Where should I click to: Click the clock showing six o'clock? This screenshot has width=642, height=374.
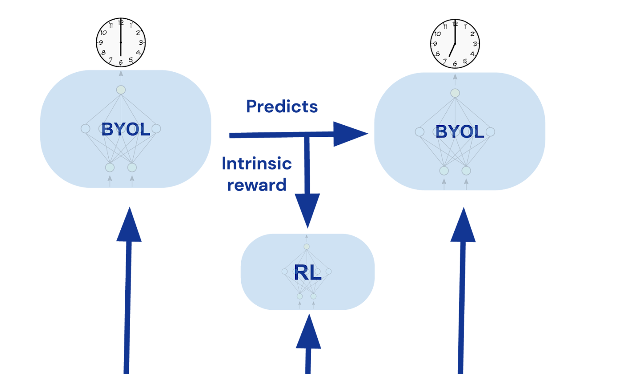point(121,42)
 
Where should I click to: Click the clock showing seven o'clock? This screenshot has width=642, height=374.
point(455,44)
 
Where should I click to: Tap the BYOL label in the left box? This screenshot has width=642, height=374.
point(125,129)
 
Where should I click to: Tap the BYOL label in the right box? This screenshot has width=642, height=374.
point(460,132)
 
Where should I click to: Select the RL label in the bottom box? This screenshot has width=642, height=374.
point(308,273)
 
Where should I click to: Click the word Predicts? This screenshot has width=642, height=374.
point(282,106)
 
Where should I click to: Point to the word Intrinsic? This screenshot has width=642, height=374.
point(257,164)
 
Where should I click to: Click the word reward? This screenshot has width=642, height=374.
point(257,184)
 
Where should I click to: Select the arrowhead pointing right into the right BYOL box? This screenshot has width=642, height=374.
point(350,134)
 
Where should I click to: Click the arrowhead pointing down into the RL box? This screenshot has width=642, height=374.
point(307,210)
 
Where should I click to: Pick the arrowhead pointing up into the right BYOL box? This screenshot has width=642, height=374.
point(463,225)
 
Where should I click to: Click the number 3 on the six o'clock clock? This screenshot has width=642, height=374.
point(141,43)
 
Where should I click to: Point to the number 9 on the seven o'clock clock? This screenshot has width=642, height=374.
point(435,44)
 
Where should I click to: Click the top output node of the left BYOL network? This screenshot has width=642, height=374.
point(121,90)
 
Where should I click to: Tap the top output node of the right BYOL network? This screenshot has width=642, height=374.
point(455,93)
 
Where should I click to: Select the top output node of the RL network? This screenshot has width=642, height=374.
point(307,247)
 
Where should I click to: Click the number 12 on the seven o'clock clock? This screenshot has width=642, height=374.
point(455,24)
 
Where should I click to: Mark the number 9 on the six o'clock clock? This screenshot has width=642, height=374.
point(101,43)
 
